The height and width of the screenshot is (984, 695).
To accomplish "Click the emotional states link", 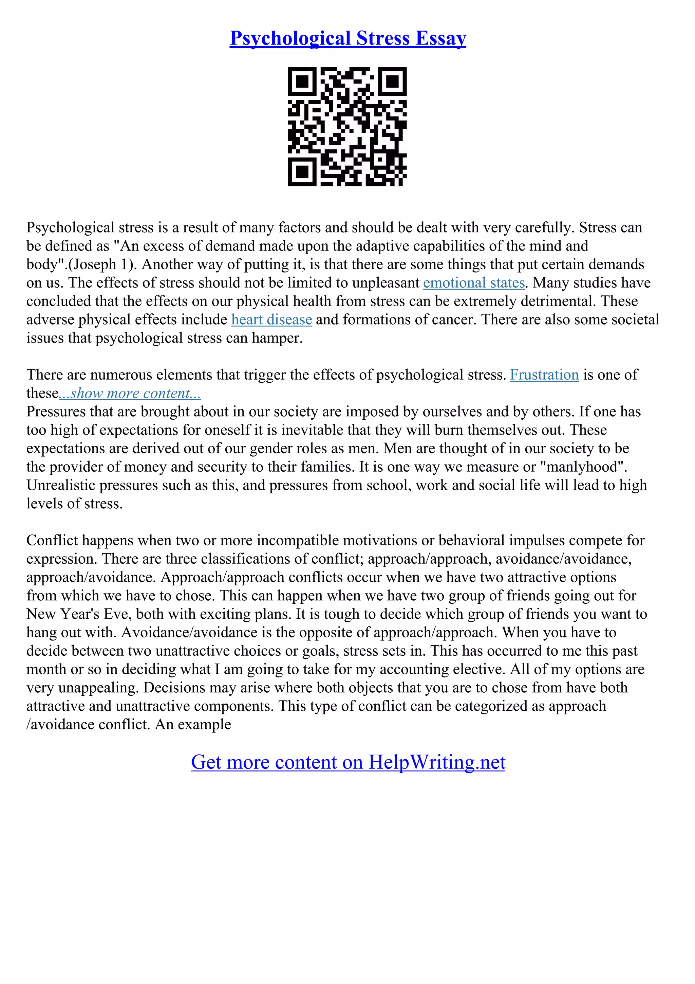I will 474,283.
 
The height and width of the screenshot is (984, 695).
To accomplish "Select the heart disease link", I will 271,320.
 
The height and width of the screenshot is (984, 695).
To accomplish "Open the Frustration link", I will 544,375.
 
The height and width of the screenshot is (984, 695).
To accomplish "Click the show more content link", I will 130,394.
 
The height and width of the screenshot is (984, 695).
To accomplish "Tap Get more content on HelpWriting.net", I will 348,762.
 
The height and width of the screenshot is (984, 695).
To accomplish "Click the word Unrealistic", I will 61,485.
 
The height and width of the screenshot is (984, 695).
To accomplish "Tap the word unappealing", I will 98,688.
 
